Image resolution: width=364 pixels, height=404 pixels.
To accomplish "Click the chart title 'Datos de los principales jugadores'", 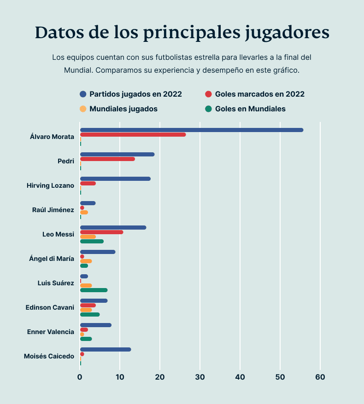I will [x=182, y=33].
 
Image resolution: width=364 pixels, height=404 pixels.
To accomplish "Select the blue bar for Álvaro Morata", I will [x=191, y=130].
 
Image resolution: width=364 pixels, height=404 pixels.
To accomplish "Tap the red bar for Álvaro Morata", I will [x=133, y=135].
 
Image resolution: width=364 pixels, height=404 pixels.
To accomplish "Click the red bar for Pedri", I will [x=107, y=159].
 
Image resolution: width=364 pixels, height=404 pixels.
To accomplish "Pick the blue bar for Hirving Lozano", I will [x=115, y=179].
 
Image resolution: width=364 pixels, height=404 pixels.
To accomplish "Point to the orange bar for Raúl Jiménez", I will [x=84, y=213].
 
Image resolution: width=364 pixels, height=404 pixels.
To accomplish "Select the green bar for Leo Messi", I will [x=92, y=242].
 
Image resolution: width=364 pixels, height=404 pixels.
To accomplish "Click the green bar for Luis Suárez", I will [x=94, y=290].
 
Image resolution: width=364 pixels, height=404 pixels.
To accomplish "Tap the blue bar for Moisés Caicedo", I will [x=106, y=349].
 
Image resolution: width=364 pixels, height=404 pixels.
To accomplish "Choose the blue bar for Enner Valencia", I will [x=95, y=325].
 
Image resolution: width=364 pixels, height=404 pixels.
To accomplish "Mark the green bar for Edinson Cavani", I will [x=90, y=315].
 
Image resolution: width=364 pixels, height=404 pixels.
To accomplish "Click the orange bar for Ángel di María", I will [x=86, y=261].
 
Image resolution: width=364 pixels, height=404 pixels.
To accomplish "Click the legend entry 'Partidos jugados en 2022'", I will [x=135, y=94].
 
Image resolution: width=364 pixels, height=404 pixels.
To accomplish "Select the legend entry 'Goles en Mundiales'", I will [x=250, y=109].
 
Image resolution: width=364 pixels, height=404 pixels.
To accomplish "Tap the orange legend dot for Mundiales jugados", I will [x=83, y=109].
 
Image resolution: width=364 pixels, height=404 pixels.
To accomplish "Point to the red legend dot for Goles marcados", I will [x=208, y=94].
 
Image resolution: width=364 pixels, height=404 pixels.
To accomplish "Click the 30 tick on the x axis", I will [x=200, y=377].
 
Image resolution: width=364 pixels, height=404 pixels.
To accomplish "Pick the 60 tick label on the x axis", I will [x=320, y=377].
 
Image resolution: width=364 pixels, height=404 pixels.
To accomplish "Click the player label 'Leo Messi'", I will [x=58, y=235].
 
